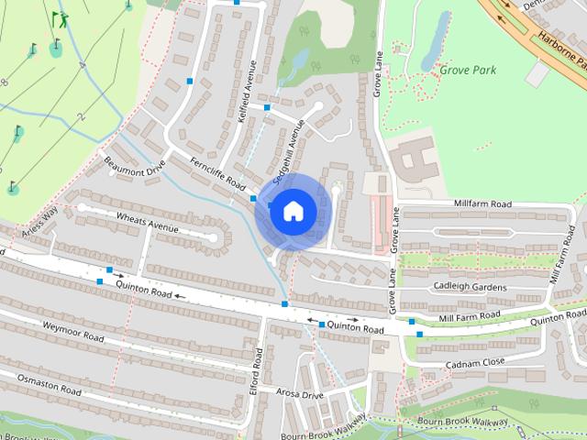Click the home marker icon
tap(293, 212)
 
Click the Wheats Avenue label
tap(146, 220)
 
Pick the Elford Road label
tap(258, 367)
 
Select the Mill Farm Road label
tap(469, 315)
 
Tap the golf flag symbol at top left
tap(59, 17)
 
